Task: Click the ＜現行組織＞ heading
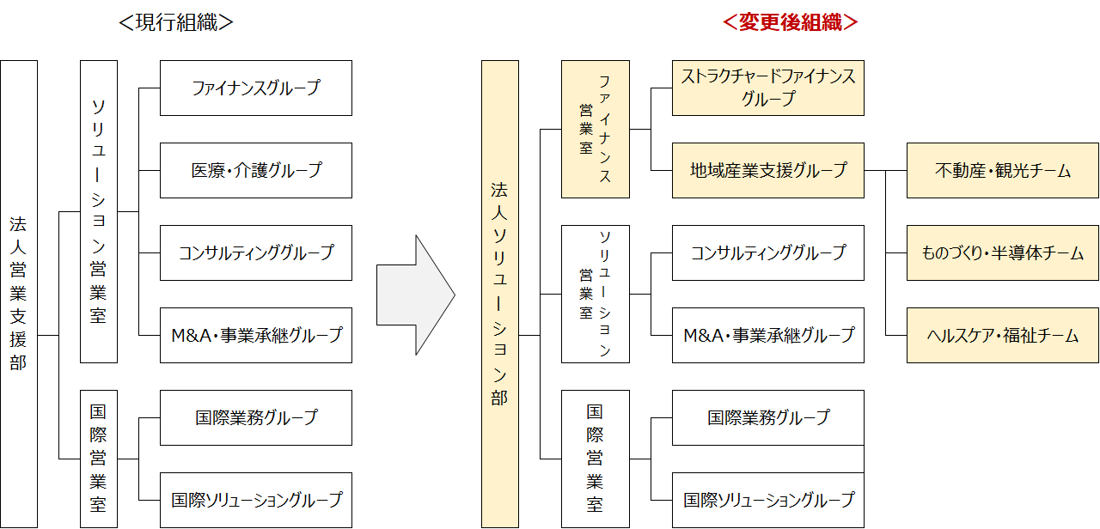[176, 22]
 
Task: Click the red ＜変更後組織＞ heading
[791, 22]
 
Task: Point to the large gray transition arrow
[414, 295]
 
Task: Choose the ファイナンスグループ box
[256, 88]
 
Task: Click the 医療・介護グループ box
[256, 170]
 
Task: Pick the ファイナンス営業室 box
[595, 129]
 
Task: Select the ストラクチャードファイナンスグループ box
[767, 88]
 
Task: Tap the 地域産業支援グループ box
[767, 170]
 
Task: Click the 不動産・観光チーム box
[1002, 170]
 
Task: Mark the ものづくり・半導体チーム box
[1002, 252]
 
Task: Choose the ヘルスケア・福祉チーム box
[1002, 335]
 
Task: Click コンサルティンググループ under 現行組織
[256, 252]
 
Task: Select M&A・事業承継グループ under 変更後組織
[767, 335]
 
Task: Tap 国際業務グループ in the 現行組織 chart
[256, 417]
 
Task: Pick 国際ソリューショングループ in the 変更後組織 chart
[767, 499]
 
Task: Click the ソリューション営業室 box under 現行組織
[98, 211]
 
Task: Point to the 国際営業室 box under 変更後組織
[595, 459]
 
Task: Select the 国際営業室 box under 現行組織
[98, 459]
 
